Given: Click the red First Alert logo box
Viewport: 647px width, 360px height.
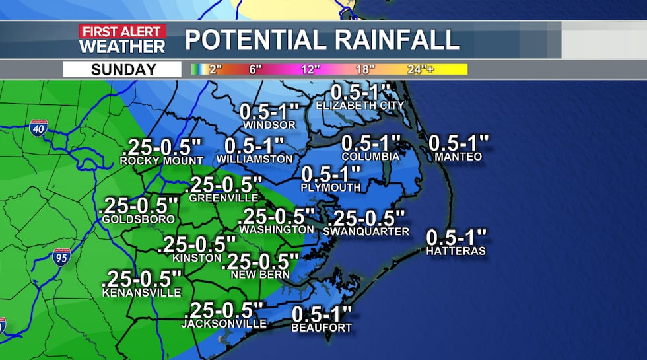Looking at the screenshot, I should [122, 31].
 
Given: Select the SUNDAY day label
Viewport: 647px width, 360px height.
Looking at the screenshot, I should [123, 69].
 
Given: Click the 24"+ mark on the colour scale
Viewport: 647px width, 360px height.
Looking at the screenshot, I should [421, 69].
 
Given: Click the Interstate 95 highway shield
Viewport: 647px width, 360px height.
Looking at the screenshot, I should [61, 257].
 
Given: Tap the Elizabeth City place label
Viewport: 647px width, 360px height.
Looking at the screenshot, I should [360, 106].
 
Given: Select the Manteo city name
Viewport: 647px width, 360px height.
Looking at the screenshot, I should [458, 157].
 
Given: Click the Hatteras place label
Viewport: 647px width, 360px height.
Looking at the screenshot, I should [456, 251].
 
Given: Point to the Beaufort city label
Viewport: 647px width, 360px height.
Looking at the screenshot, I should [322, 328].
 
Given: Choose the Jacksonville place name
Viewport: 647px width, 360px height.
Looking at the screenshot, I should [224, 324].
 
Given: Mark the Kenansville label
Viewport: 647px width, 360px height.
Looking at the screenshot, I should [141, 292].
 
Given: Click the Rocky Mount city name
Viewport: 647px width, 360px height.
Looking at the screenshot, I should [162, 161].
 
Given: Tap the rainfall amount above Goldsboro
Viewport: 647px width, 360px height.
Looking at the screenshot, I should [139, 204].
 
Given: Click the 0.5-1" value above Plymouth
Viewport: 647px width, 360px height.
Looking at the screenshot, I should [331, 174].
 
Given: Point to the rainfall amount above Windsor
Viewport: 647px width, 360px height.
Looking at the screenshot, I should [269, 110].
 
